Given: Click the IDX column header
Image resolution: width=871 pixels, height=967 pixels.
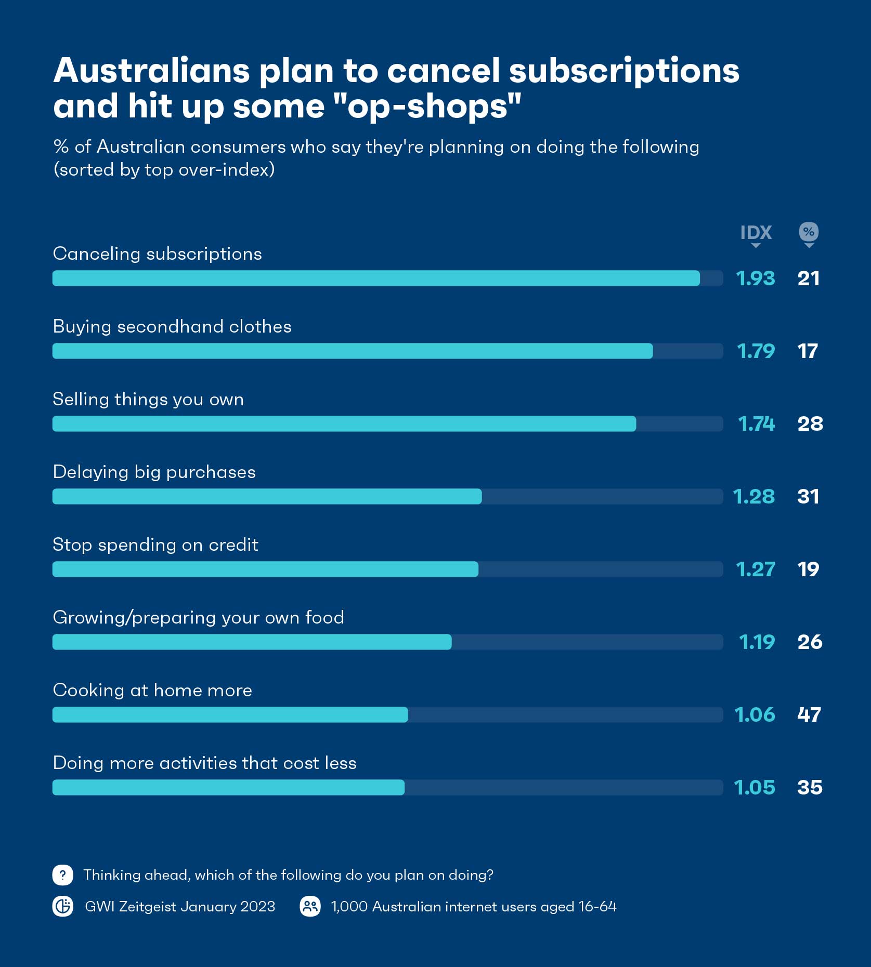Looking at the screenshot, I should click(x=756, y=232).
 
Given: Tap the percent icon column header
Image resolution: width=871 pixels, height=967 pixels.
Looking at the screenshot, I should click(x=809, y=232).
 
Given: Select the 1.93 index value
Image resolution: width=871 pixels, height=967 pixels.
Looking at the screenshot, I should click(x=756, y=279).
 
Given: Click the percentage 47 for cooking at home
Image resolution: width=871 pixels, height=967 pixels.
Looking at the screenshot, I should click(x=809, y=715).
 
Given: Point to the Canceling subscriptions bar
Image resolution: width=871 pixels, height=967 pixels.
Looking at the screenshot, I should click(x=376, y=279).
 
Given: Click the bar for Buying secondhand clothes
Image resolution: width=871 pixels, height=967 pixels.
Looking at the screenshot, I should click(x=353, y=351).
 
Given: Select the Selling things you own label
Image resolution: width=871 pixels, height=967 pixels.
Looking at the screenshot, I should click(x=148, y=399).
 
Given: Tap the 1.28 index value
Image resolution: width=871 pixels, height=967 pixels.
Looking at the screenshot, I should click(x=754, y=497).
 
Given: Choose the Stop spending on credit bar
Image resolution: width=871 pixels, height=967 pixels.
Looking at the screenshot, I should click(x=265, y=569).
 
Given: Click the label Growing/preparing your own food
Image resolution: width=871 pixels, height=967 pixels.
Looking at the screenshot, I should click(x=198, y=617).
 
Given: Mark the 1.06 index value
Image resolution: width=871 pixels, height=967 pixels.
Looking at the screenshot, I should click(x=755, y=715).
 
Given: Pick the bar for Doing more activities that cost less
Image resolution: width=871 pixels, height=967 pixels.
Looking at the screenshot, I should click(x=228, y=788).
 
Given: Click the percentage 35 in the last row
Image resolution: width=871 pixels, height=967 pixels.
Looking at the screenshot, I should click(x=810, y=788).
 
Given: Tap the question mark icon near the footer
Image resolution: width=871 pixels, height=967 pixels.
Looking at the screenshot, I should click(x=63, y=875).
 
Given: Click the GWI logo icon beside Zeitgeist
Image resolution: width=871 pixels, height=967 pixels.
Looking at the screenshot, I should click(x=63, y=907).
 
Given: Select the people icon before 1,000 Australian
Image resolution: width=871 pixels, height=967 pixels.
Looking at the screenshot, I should click(x=310, y=907).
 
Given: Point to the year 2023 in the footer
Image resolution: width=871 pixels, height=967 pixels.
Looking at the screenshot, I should click(x=258, y=907).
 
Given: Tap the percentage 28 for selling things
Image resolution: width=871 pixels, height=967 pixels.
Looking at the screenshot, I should click(x=810, y=424).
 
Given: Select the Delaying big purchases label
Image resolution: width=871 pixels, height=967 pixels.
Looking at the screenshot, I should click(x=154, y=472).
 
